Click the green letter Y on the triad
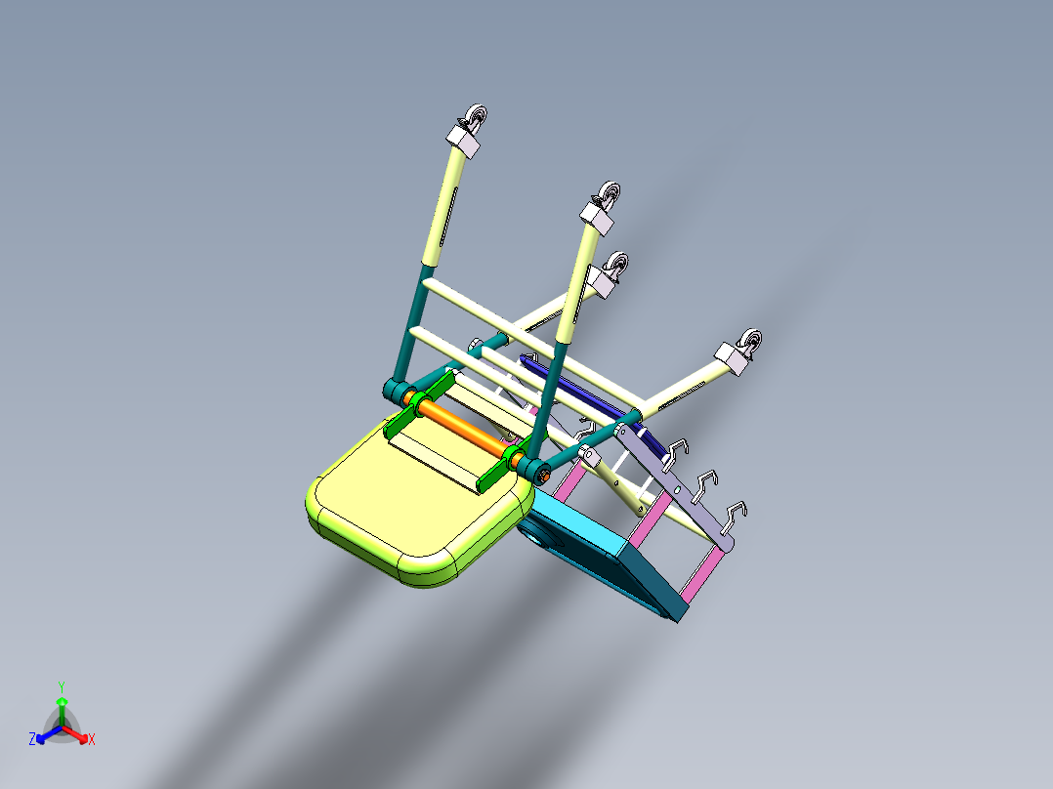(x=62, y=686)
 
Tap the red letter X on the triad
(x=92, y=740)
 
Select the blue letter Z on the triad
(x=32, y=740)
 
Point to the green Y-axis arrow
(x=62, y=705)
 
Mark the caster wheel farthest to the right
(x=751, y=343)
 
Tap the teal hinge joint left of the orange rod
(x=395, y=392)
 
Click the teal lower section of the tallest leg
(x=410, y=322)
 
